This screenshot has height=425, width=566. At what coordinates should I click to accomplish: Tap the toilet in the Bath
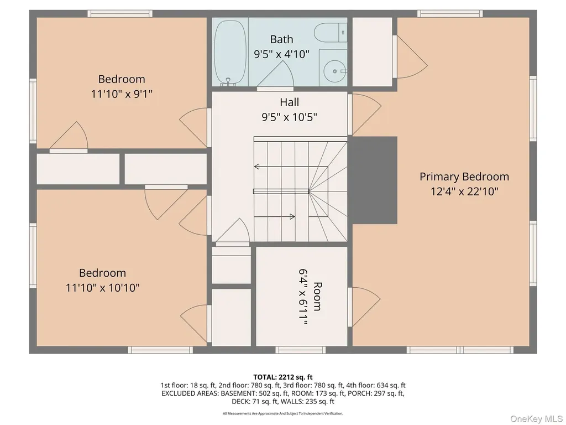(331, 33)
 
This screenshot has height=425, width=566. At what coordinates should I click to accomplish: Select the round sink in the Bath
(333, 71)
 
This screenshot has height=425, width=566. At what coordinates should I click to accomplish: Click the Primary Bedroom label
(464, 177)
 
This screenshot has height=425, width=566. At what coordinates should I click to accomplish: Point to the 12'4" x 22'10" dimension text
(464, 191)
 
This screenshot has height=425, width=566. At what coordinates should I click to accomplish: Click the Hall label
(289, 102)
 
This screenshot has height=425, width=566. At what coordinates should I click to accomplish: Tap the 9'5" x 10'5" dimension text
(289, 117)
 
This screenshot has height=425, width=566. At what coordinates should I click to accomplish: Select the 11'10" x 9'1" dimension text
(122, 94)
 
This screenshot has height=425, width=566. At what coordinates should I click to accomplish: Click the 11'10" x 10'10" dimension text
(102, 288)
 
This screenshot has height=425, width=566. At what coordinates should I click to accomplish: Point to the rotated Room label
(317, 297)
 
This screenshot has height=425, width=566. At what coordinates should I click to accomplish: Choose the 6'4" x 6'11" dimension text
(303, 297)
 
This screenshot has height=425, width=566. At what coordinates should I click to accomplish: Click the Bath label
(281, 39)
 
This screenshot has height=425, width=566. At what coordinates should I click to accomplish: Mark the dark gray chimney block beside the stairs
(372, 180)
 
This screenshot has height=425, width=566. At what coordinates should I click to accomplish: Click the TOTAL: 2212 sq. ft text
(283, 377)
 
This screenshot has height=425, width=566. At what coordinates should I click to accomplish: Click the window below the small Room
(300, 350)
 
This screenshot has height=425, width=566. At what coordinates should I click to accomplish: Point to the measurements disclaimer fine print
(283, 413)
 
